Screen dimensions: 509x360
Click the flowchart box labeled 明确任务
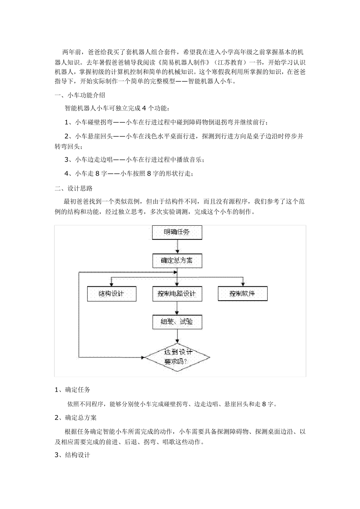click(177, 232)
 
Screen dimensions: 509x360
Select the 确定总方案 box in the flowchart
click(177, 261)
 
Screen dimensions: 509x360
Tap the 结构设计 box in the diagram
click(111, 294)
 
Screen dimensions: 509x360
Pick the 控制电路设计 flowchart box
click(177, 294)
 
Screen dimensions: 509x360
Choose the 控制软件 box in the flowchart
click(242, 294)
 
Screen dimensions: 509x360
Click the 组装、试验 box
click(177, 322)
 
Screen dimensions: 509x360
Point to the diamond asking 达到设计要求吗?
click(178, 357)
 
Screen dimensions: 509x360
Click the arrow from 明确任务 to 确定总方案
click(177, 247)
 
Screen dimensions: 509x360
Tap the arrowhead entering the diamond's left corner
click(143, 357)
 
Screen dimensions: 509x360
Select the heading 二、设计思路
click(74, 188)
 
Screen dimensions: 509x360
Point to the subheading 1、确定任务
click(72, 390)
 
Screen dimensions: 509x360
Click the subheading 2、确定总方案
click(75, 418)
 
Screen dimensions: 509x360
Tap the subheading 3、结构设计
click(72, 455)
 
